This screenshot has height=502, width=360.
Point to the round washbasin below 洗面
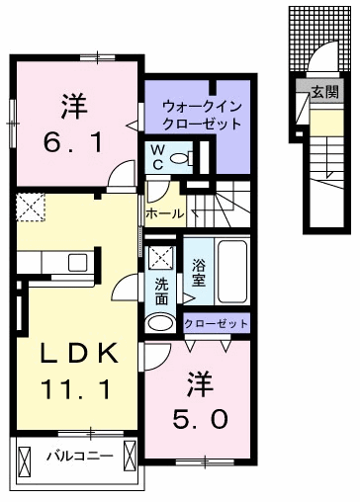(x=160, y=322)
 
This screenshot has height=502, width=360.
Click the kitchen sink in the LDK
(x=76, y=262)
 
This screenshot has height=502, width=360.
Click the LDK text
(x=72, y=353)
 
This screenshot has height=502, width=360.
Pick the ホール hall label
(x=164, y=211)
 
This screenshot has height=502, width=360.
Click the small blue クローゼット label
(x=216, y=323)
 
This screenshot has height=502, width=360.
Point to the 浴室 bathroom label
(x=199, y=272)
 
